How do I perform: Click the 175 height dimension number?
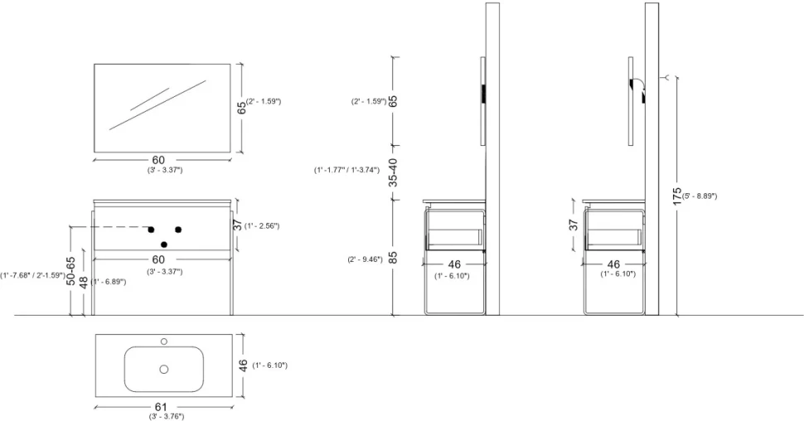pyautogui.click(x=677, y=196)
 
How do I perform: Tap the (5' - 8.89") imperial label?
pyautogui.click(x=700, y=196)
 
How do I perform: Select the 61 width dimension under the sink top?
pyautogui.click(x=161, y=407)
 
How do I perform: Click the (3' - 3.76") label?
pyautogui.click(x=166, y=416)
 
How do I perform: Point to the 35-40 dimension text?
pyautogui.click(x=393, y=172)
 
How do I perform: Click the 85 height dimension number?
pyautogui.click(x=393, y=257)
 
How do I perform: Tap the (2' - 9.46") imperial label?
pyautogui.click(x=365, y=259)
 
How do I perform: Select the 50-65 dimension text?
pyautogui.click(x=70, y=271)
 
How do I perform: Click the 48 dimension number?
pyautogui.click(x=84, y=283)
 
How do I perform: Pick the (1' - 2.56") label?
pyautogui.click(x=262, y=225)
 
